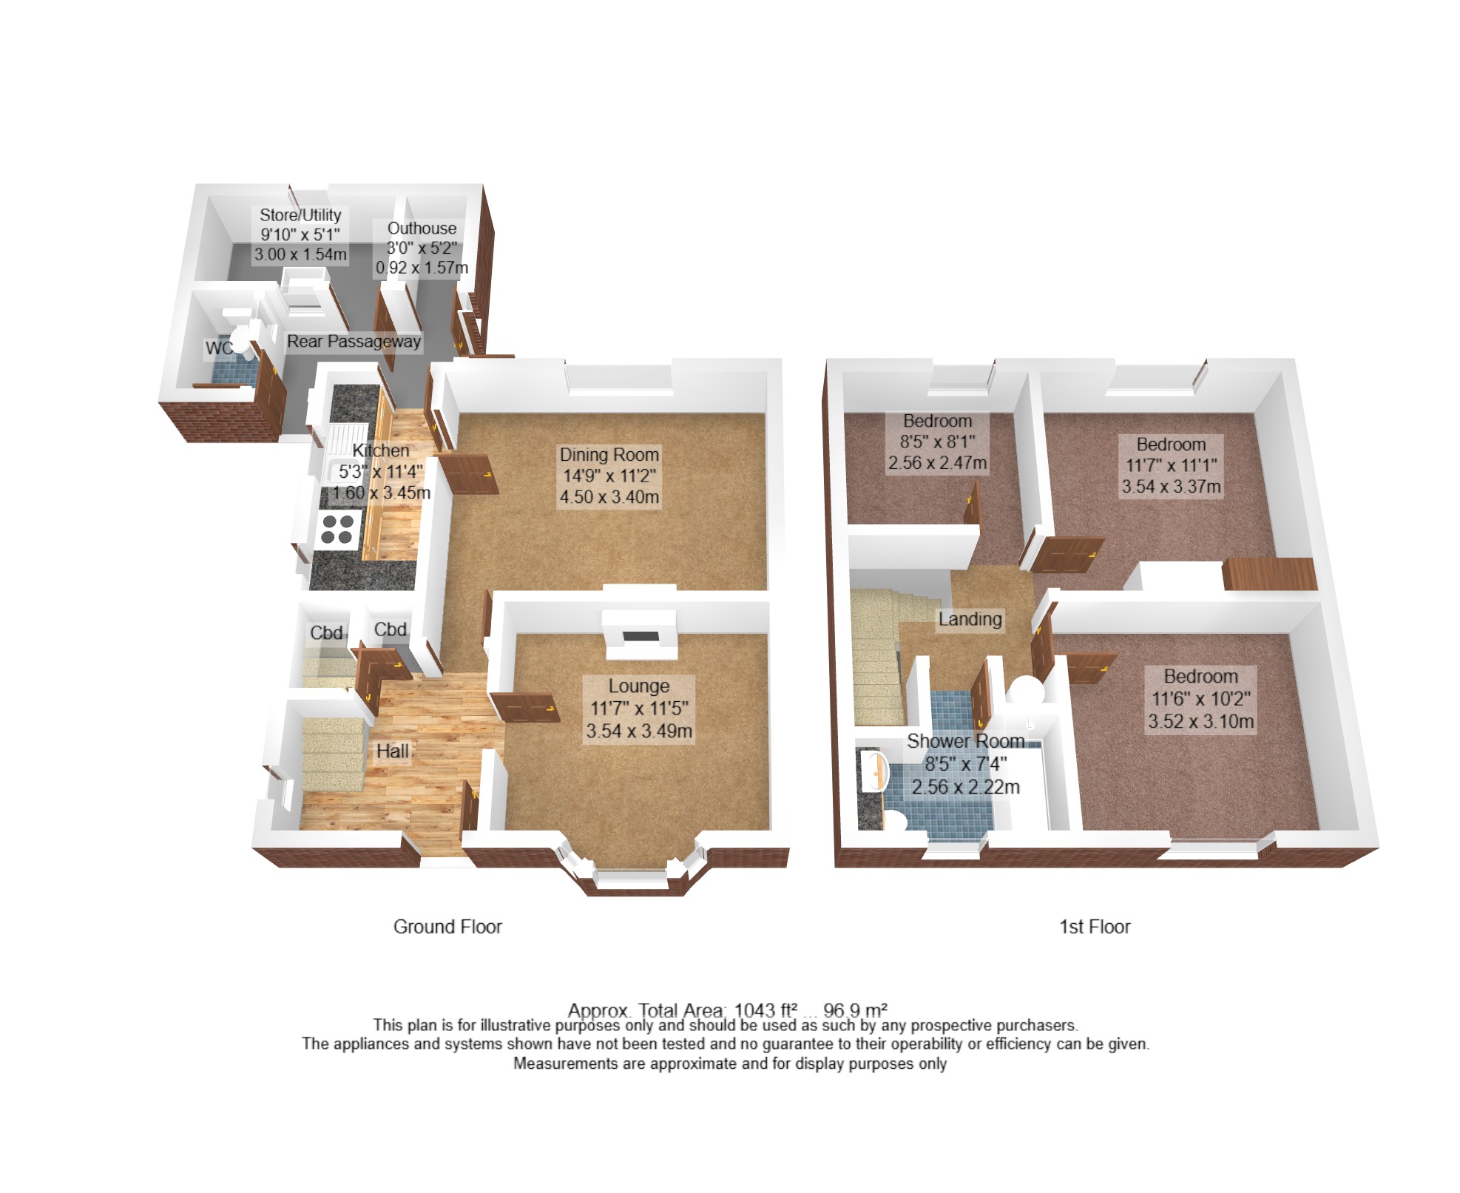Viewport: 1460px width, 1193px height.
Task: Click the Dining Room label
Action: coord(609,454)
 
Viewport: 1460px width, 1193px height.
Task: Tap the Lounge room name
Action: coord(639,686)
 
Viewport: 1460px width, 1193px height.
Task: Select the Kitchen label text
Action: coord(380,450)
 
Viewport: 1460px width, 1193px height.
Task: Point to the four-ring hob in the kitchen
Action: coord(337,530)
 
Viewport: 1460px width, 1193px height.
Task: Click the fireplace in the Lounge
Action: coord(640,635)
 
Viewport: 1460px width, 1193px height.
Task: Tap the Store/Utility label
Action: coord(300,215)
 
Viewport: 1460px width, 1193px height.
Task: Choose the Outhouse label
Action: coord(422,229)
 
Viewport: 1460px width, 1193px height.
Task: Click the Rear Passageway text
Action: coord(354,342)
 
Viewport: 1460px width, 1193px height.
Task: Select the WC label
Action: coord(218,348)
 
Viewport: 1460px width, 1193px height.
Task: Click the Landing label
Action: coord(970,619)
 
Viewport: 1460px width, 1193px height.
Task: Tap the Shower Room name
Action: coord(966,740)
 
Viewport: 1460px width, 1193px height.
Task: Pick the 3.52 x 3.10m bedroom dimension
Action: coord(1200,721)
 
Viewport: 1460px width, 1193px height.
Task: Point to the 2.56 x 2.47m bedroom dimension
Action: coord(937,463)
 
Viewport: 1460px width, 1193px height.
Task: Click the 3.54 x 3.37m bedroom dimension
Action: coord(1171,487)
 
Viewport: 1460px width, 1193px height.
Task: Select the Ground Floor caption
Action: coord(447,927)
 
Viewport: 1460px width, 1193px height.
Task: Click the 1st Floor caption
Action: coord(1095,927)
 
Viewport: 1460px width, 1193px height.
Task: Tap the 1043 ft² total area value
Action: coord(766,1010)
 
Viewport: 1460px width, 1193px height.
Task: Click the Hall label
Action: coord(392,751)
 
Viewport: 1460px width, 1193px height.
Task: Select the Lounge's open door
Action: coord(524,706)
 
